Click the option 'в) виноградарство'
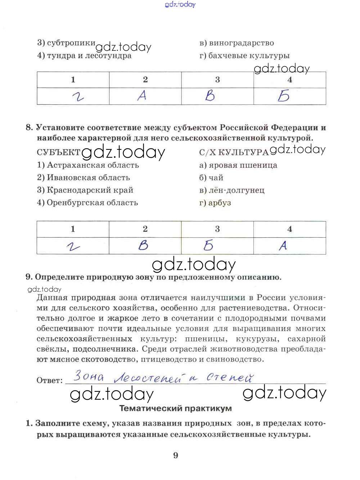(237, 43)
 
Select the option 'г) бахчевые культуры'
(244, 55)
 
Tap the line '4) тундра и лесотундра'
(84, 56)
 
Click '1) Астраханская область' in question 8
(88, 165)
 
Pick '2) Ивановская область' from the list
(83, 178)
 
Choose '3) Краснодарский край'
(85, 190)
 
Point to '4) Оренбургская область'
(87, 202)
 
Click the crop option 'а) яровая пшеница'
(238, 165)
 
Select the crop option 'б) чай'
(211, 178)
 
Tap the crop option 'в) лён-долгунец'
(232, 190)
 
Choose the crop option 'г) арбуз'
(215, 203)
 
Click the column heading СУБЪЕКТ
(58, 152)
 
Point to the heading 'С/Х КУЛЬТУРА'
(234, 152)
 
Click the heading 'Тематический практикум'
(175, 408)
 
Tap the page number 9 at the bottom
(176, 456)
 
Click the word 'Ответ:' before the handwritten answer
(50, 380)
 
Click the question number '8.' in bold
(29, 127)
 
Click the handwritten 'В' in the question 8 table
(143, 246)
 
